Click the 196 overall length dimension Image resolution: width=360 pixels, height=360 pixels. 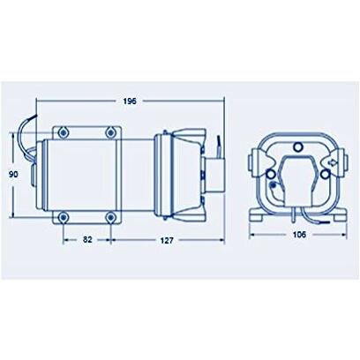(130, 101)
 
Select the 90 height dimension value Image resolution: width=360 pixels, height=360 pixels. (13, 175)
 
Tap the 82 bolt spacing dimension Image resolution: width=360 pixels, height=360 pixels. (87, 240)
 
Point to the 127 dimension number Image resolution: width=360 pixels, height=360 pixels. (167, 240)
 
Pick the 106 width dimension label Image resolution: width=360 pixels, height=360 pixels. (299, 235)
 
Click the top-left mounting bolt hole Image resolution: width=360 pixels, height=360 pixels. (63, 132)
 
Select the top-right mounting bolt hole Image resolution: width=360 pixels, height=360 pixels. (110, 132)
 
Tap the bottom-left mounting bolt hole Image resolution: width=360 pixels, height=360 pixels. (63, 218)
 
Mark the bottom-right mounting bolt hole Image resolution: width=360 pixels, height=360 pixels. (110, 218)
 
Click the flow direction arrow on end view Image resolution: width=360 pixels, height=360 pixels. (333, 162)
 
